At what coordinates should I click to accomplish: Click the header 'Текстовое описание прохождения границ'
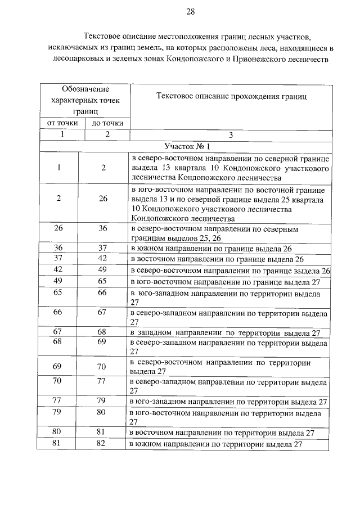tap(231, 97)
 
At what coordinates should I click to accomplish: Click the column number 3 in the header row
tap(231, 135)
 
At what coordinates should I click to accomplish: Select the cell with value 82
tap(103, 444)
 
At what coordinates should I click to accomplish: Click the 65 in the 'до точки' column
tap(103, 281)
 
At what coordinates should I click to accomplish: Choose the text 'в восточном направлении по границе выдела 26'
tap(217, 259)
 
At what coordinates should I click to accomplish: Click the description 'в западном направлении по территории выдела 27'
tap(225, 333)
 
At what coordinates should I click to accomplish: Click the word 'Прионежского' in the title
tap(249, 58)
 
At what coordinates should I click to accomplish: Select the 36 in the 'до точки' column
tap(103, 228)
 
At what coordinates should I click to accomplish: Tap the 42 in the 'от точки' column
tap(58, 270)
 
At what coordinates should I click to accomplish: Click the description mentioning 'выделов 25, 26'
tap(225, 233)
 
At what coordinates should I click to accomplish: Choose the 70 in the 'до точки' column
tap(103, 366)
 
